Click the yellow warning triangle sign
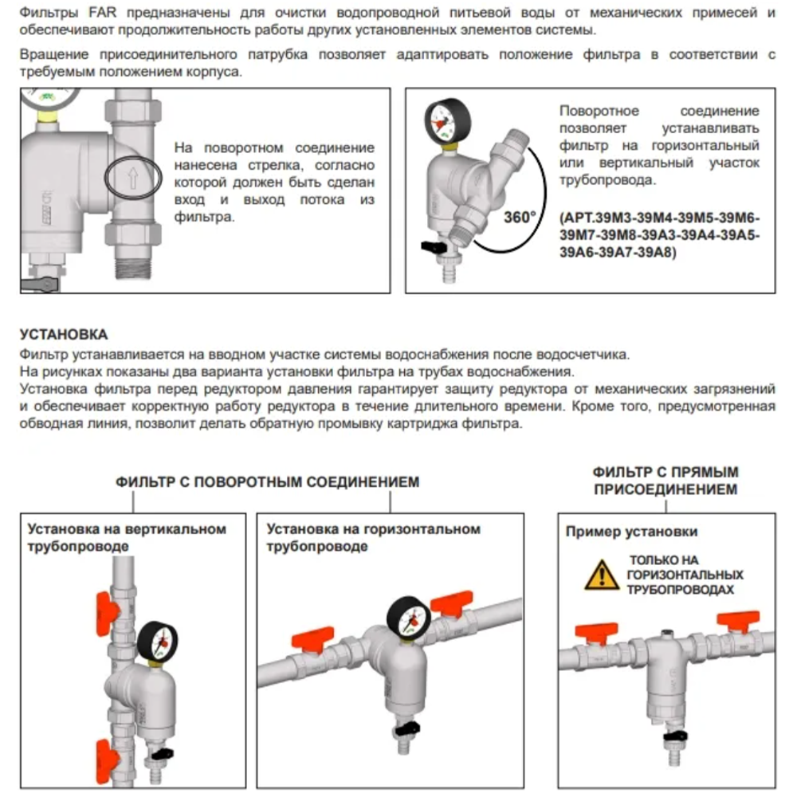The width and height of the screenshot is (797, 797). [602, 575]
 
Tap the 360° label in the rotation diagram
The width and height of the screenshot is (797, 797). [520, 218]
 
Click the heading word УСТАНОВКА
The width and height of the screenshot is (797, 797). [63, 335]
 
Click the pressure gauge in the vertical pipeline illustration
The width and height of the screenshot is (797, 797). [158, 641]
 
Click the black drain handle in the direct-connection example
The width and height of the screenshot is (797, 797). [680, 738]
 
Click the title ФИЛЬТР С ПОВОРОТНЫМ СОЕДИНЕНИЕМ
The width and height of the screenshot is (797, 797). [268, 482]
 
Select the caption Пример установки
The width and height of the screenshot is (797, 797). [631, 532]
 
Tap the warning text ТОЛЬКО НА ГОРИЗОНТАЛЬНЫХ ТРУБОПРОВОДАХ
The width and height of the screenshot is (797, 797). [685, 575]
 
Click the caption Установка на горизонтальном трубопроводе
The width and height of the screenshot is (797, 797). [374, 538]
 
